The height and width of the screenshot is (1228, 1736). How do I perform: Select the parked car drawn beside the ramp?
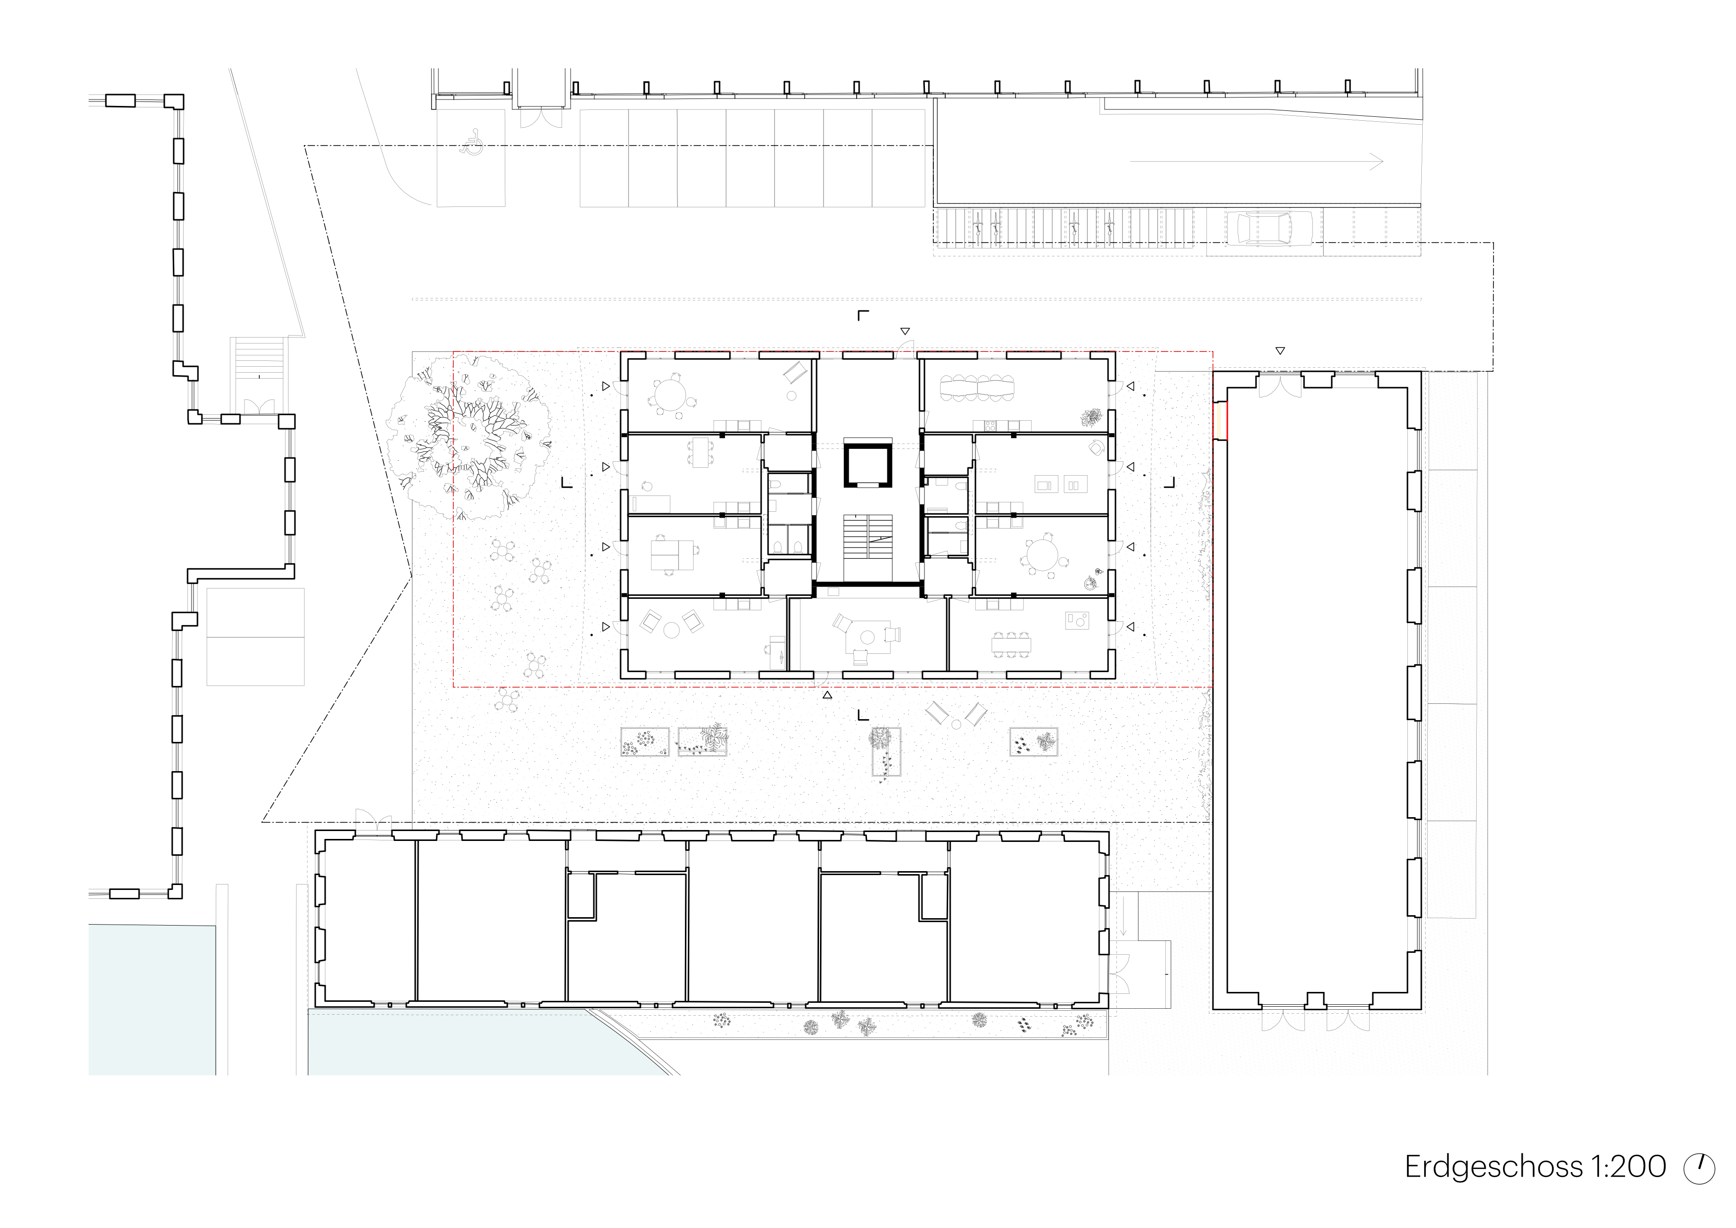click(1264, 228)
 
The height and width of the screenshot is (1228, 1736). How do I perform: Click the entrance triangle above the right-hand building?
click(1279, 351)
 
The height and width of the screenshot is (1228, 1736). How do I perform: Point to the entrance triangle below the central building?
click(828, 694)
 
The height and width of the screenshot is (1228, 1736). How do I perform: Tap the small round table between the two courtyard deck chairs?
click(957, 724)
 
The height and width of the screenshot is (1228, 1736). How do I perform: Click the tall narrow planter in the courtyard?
click(885, 752)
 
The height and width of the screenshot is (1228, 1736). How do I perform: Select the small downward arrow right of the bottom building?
click(1125, 924)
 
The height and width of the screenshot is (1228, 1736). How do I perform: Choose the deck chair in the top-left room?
click(794, 373)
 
